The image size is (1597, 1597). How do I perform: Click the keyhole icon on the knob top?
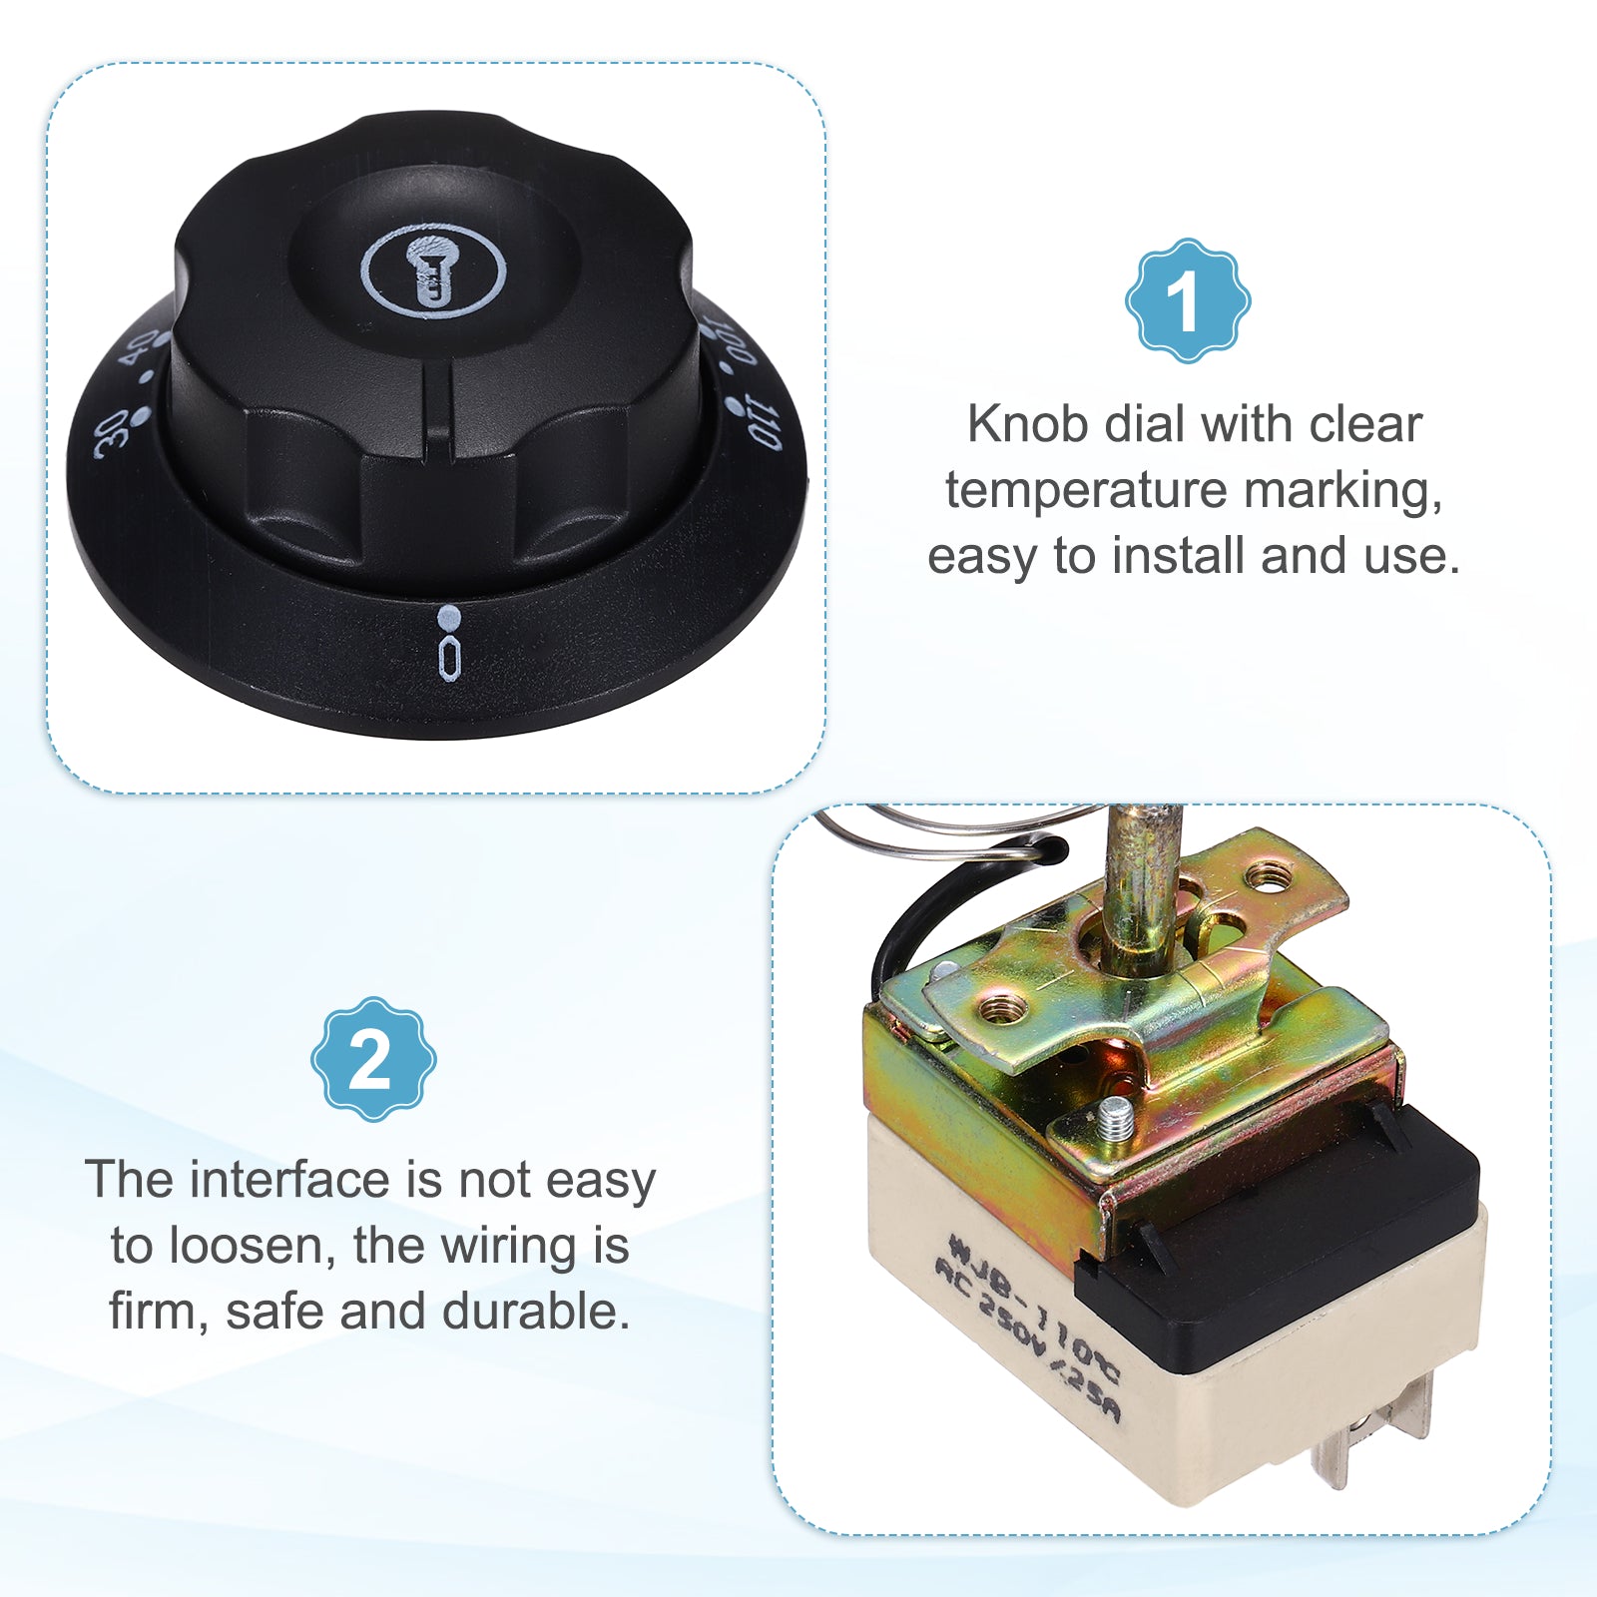(432, 270)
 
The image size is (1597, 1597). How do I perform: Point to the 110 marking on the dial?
(764, 423)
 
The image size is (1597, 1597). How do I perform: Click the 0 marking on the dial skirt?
(450, 660)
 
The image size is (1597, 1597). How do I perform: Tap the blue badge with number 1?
(1188, 300)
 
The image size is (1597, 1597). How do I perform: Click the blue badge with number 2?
(373, 1059)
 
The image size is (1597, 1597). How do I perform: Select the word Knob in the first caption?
(1028, 424)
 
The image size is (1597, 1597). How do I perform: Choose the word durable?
(537, 1312)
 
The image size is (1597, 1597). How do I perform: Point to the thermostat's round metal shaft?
(1141, 889)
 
